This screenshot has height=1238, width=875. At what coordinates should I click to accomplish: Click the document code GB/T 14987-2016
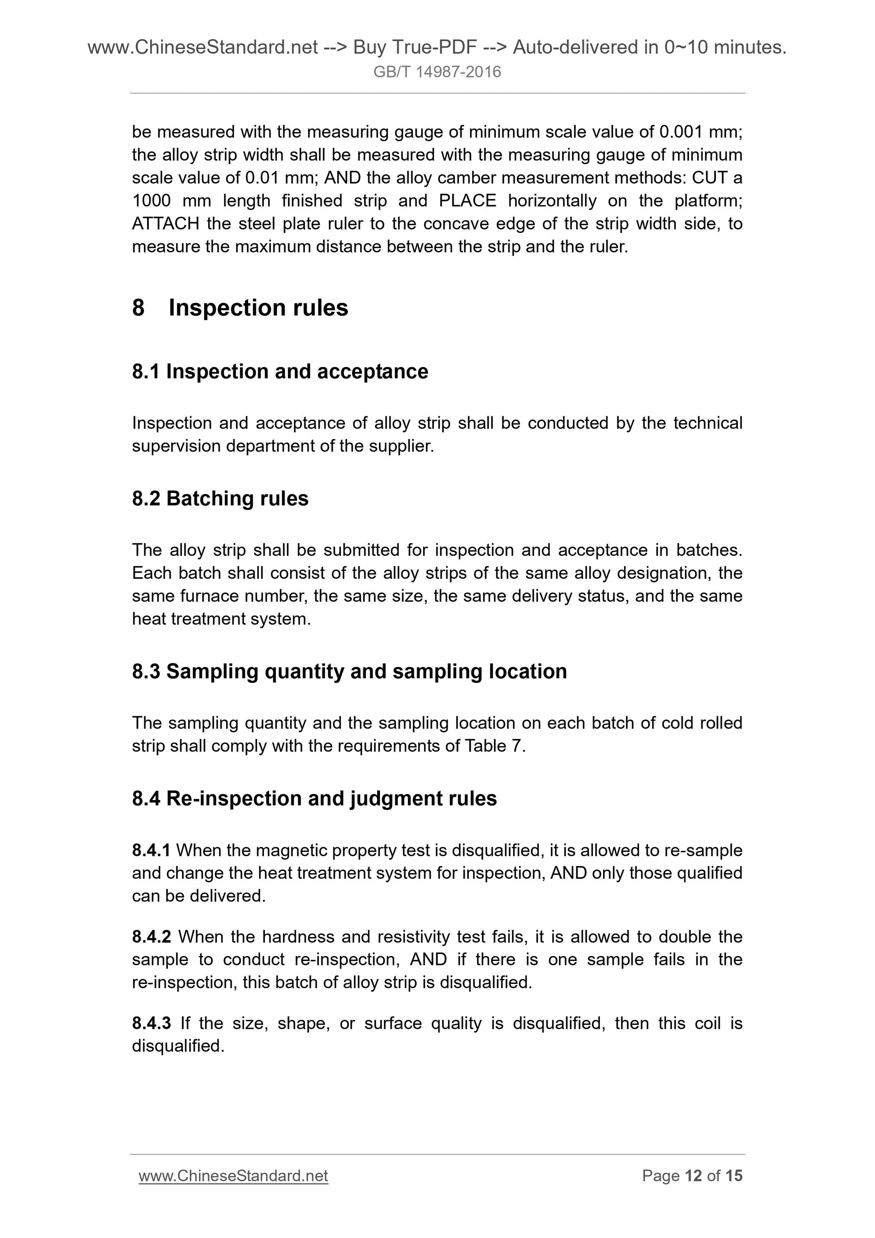click(x=437, y=72)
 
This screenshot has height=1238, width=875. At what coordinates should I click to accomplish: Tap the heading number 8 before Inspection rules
click(x=138, y=308)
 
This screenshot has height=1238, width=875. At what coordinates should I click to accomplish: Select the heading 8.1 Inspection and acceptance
click(x=280, y=371)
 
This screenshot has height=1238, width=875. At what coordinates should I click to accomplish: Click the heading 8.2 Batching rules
click(x=220, y=498)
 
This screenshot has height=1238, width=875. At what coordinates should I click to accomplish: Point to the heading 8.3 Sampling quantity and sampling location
click(x=349, y=671)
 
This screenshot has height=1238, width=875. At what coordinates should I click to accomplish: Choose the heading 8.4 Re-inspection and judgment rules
click(x=314, y=798)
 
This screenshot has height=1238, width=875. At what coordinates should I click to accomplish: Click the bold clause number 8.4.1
click(x=151, y=850)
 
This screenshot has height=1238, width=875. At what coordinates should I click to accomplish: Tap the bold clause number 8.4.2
click(x=151, y=937)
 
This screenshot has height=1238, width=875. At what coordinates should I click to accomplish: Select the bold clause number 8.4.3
click(x=151, y=1023)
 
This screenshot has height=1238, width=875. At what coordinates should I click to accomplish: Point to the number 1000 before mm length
click(x=152, y=201)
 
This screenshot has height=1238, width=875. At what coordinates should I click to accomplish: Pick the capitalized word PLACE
click(x=468, y=201)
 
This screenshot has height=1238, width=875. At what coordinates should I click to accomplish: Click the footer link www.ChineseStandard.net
click(x=233, y=1175)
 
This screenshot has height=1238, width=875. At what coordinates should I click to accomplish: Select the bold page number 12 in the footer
click(x=693, y=1175)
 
